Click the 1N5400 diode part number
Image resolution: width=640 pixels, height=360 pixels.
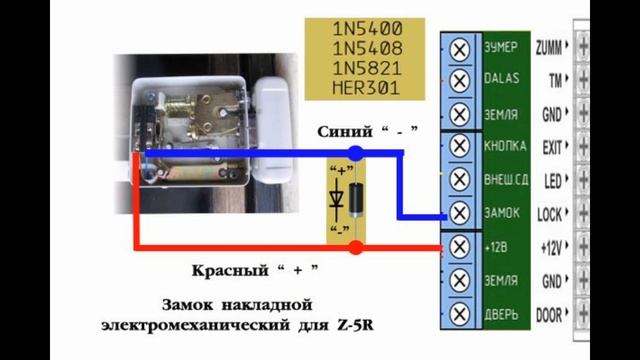pyautogui.click(x=367, y=30)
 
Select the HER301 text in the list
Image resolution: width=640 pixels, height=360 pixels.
pyautogui.click(x=367, y=89)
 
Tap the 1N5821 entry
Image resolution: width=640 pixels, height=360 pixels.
pyautogui.click(x=367, y=69)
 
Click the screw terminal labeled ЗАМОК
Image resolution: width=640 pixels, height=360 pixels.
pyautogui.click(x=459, y=213)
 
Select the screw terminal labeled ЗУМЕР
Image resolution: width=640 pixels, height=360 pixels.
pyautogui.click(x=459, y=48)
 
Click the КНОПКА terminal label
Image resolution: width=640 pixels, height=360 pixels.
pyautogui.click(x=504, y=146)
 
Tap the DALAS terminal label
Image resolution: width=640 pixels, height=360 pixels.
pyautogui.click(x=501, y=79)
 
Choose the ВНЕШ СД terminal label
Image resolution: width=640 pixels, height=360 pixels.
pyautogui.click(x=504, y=180)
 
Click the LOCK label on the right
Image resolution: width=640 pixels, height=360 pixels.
pyautogui.click(x=549, y=214)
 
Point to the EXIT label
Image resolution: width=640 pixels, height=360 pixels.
pyautogui.click(x=550, y=147)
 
